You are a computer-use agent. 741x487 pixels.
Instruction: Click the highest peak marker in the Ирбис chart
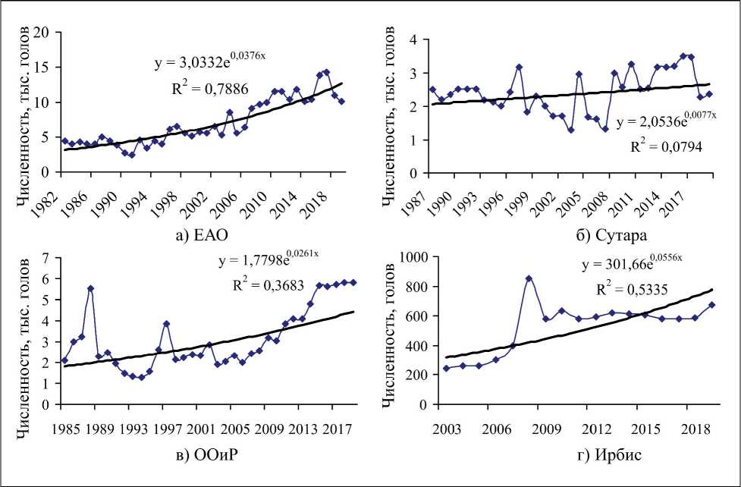[x=529, y=278]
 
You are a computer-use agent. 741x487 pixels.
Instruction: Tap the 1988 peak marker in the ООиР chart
[x=91, y=288]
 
